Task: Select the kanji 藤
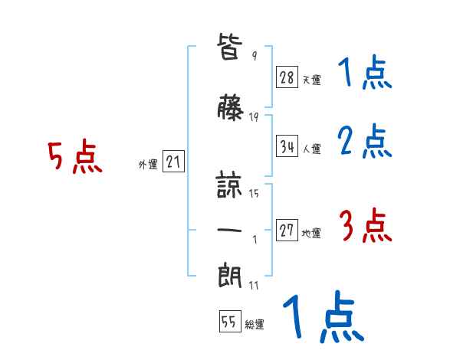click(x=232, y=110)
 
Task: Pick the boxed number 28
click(x=287, y=77)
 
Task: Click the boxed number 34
click(x=287, y=146)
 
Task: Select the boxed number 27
click(x=287, y=231)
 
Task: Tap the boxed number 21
click(x=173, y=162)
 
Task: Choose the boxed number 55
click(x=229, y=322)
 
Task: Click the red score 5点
click(x=75, y=158)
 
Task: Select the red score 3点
click(x=365, y=227)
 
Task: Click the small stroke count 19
click(x=254, y=117)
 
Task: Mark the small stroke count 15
click(x=254, y=194)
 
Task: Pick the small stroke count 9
click(x=254, y=56)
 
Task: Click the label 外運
click(x=147, y=164)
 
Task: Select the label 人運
click(x=312, y=149)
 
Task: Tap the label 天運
click(x=311, y=80)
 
